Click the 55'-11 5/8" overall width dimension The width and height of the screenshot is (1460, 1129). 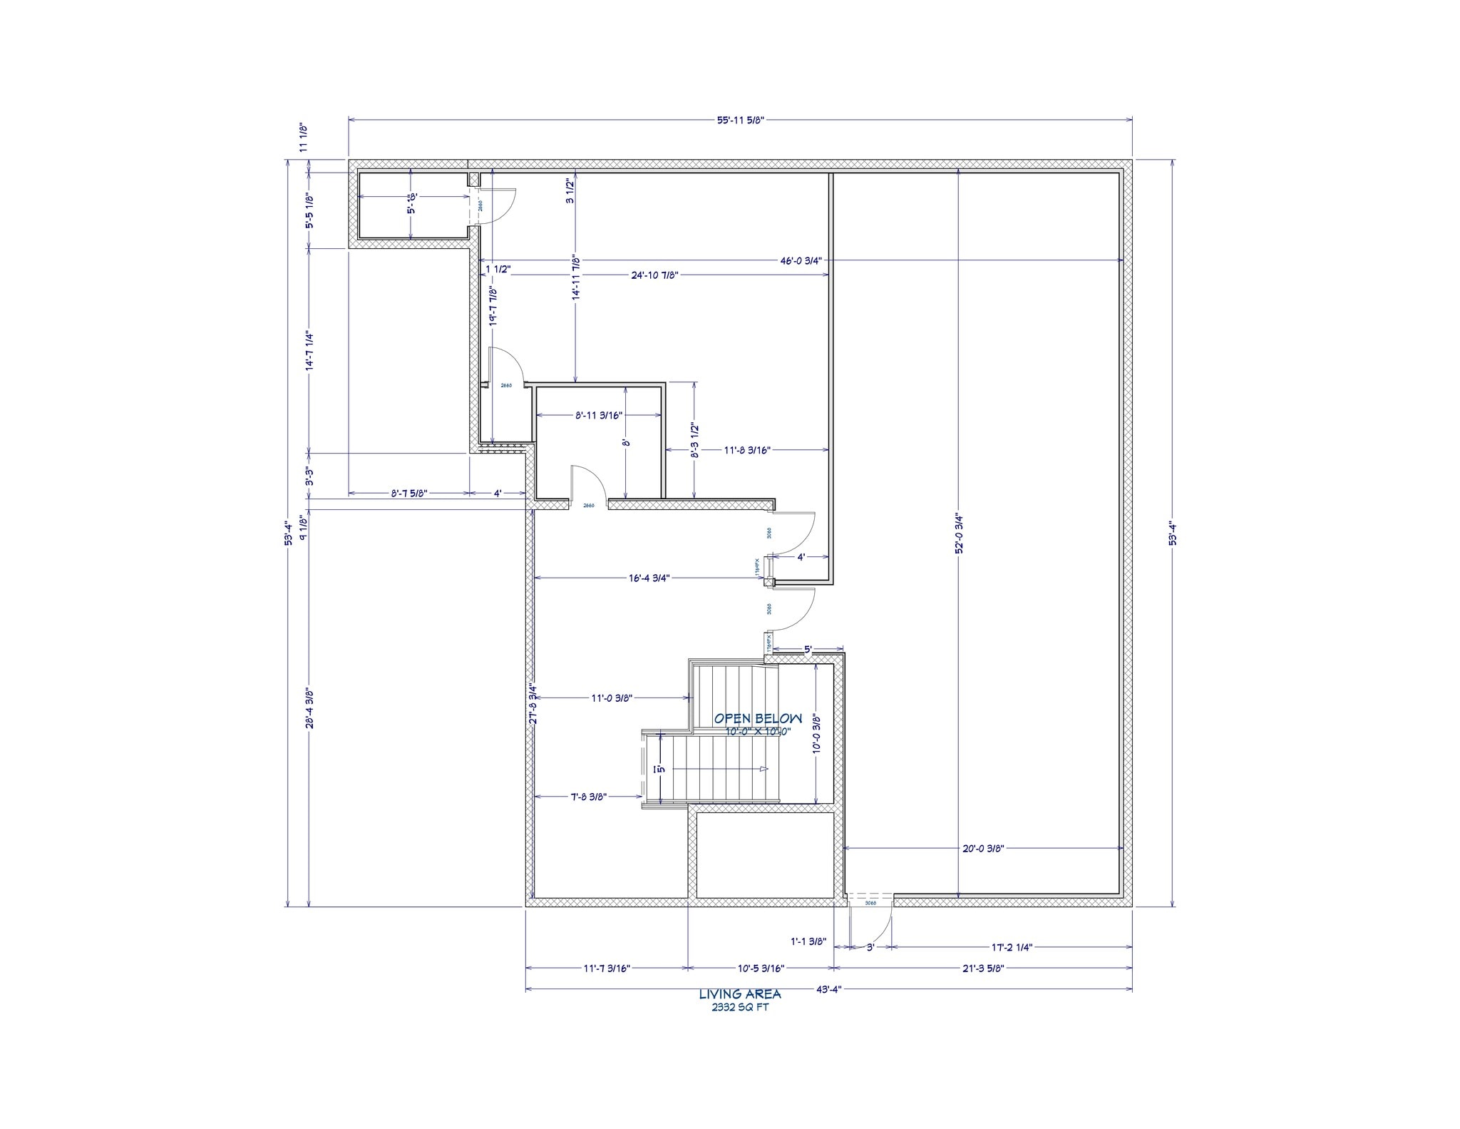(740, 121)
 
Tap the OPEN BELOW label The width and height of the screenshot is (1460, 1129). (758, 719)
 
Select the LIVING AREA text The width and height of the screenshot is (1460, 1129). (739, 994)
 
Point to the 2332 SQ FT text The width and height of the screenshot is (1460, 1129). (740, 1008)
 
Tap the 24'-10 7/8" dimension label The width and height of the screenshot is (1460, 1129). (654, 275)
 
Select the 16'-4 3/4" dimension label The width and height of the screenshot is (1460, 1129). (649, 578)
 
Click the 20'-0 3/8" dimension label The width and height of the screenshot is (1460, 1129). (983, 849)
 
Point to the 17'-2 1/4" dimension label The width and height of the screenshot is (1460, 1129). (1012, 947)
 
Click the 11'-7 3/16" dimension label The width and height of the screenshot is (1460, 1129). (607, 969)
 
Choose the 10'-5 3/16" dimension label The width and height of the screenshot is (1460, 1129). (761, 969)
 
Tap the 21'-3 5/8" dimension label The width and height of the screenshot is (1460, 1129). (982, 969)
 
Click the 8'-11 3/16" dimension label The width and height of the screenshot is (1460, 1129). (599, 415)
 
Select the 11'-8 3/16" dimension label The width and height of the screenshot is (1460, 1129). (747, 450)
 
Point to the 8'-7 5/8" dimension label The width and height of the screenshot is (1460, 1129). (409, 493)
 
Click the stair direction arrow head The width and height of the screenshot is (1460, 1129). (764, 769)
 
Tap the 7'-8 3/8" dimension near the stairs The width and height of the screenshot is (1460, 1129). (588, 797)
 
